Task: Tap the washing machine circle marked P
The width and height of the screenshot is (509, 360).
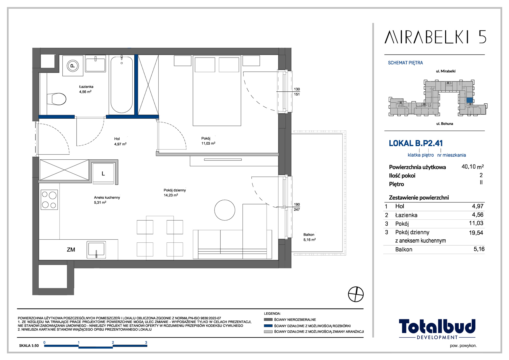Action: (x=73, y=66)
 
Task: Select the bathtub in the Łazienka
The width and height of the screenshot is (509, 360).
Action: (x=122, y=84)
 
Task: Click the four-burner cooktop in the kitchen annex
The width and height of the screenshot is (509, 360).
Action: (x=49, y=200)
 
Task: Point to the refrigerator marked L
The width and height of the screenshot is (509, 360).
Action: (x=103, y=173)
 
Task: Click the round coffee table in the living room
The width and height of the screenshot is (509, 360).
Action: (x=225, y=210)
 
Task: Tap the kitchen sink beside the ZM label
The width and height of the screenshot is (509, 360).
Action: (x=96, y=250)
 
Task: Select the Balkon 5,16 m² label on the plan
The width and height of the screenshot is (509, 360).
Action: (x=309, y=237)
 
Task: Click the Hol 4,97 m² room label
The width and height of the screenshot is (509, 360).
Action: (x=120, y=141)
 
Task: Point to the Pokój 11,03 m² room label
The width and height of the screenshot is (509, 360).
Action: (x=208, y=141)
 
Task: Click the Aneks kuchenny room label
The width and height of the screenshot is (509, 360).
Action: (x=107, y=200)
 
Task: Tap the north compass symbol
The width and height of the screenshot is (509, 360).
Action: (x=356, y=294)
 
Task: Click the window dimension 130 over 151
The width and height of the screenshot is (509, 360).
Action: (x=297, y=92)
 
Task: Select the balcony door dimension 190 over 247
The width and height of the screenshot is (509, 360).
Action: (x=297, y=207)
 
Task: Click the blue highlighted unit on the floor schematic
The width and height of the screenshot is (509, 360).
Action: (x=470, y=100)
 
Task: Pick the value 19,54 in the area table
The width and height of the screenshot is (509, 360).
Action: (x=476, y=233)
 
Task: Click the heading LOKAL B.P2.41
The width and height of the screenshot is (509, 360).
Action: (x=416, y=143)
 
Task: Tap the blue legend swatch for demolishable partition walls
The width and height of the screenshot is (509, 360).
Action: (x=268, y=326)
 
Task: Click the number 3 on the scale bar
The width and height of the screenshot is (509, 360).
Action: (x=146, y=342)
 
